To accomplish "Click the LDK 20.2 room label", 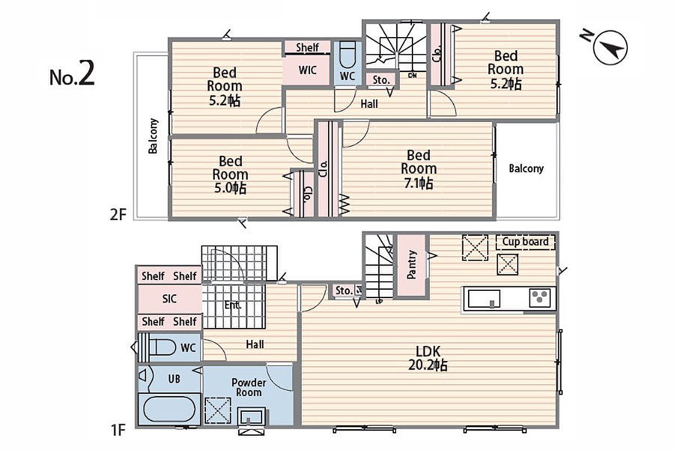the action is tap(428, 358).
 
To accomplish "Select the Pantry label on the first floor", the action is tap(411, 265).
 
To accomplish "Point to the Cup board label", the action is tap(525, 241).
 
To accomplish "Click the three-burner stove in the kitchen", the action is tap(540, 298).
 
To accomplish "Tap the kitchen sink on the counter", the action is tap(484, 299).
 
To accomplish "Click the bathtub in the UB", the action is tap(169, 409).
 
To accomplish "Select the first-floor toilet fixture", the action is tap(159, 347).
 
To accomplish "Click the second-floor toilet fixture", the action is tap(347, 55).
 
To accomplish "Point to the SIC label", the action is tap(169, 298).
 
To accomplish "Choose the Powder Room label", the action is tap(249, 387).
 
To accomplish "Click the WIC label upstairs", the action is tap(307, 70).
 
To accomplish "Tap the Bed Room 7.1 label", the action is tap(419, 169).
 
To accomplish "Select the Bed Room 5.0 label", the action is tap(231, 175).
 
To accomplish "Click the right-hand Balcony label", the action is tap(526, 169).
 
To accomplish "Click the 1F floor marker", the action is tap(118, 429).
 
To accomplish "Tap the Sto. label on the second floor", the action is tap(381, 80).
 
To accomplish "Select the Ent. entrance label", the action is tap(232, 305).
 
